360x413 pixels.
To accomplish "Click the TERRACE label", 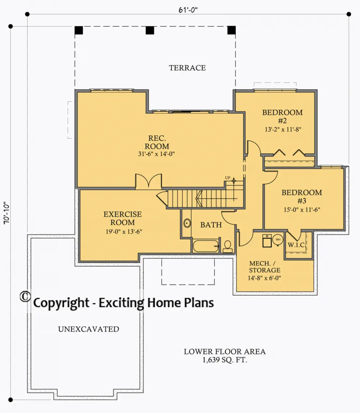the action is (187, 68).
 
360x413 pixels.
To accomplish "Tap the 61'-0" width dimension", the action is (188, 10).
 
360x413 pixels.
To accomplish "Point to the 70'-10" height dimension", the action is (6, 213).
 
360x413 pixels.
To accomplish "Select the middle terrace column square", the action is (150, 30).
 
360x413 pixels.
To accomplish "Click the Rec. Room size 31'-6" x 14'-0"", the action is (157, 154).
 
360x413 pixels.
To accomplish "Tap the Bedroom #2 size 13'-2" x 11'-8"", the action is (283, 129).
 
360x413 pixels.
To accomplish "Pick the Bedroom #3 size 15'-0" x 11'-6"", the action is (302, 210).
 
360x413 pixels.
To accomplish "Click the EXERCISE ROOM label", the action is (123, 218).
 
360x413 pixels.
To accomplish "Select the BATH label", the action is (211, 225).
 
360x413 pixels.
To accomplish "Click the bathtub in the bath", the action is (206, 246).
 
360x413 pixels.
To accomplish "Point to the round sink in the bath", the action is (187, 223).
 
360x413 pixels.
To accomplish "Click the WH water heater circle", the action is (278, 239).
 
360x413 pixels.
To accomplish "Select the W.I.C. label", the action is (297, 245).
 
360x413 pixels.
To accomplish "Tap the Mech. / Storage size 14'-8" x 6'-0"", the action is (265, 278).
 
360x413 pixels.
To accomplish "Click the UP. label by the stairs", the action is (228, 178).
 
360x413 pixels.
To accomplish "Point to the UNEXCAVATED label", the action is (89, 329).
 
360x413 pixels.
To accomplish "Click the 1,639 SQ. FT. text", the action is (225, 360).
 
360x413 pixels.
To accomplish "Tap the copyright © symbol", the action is (25, 296).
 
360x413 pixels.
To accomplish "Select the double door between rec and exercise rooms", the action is (148, 182).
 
